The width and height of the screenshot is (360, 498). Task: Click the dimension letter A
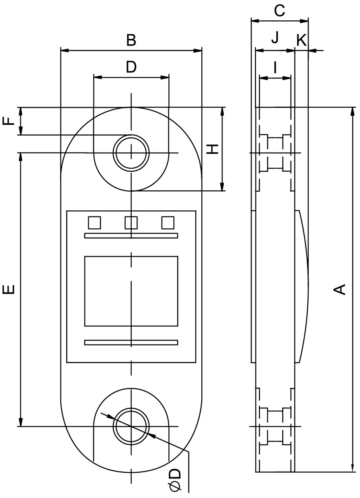[x=340, y=289]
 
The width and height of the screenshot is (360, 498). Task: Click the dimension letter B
[x=131, y=40]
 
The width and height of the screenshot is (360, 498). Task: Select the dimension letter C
[x=279, y=11]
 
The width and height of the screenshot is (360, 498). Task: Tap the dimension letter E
[x=9, y=289]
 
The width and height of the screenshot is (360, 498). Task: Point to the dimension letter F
[x=9, y=121]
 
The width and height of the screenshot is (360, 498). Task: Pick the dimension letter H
[x=212, y=149]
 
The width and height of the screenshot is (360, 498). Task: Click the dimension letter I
[x=275, y=68]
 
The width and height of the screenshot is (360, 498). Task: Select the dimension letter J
[x=275, y=37]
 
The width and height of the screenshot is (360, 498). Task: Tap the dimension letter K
[x=302, y=40]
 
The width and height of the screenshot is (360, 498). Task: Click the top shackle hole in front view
[x=131, y=153]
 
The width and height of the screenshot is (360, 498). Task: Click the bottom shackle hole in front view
[x=131, y=427]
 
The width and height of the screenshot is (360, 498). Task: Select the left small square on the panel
[x=94, y=223]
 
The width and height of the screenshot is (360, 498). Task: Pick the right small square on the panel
[x=168, y=223]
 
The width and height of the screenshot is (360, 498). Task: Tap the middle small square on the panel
[x=131, y=223]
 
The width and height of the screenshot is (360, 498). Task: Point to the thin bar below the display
[x=131, y=343]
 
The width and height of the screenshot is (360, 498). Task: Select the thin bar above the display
[x=131, y=236]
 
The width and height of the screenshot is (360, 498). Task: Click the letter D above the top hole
[x=131, y=67]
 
